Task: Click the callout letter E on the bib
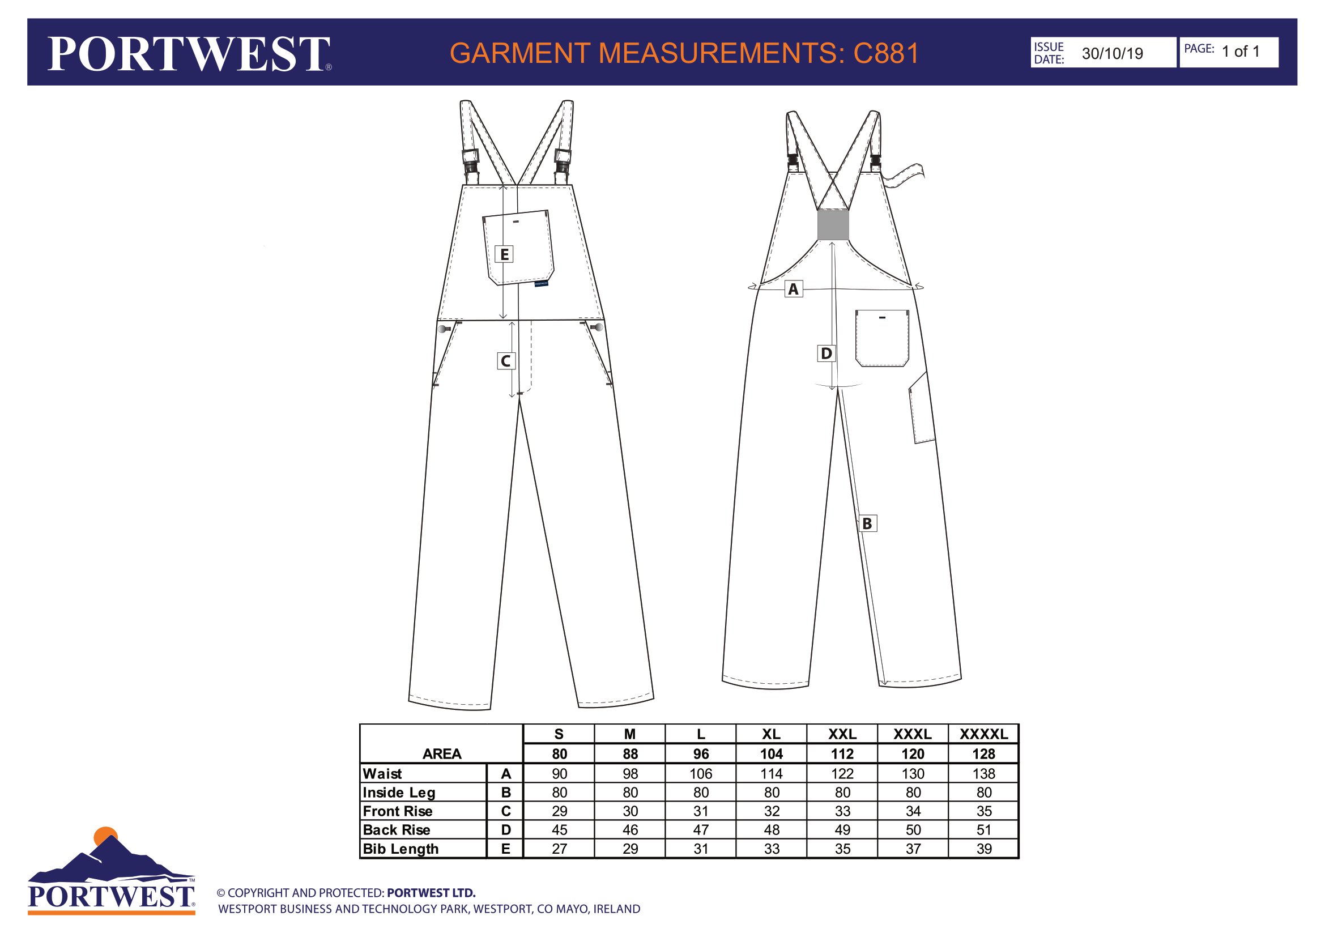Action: pos(504,254)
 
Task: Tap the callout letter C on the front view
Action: pos(505,361)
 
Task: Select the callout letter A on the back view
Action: pos(794,289)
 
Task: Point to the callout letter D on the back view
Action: pos(826,353)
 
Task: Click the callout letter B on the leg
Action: pos(867,523)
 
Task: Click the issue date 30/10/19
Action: pos(1112,54)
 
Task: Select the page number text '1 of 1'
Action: pos(1240,52)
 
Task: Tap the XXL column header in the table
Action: pos(842,734)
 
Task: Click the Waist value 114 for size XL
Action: pos(772,774)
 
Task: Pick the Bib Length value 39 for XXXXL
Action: pos(984,849)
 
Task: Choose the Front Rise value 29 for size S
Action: pos(559,811)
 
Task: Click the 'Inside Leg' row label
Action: pos(399,793)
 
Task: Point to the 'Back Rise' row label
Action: pos(397,830)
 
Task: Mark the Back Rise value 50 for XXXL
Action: pos(913,830)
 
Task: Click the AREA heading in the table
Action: pos(442,754)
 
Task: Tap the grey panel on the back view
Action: pos(833,225)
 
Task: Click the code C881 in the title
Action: pos(886,53)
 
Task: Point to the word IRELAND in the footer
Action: pos(617,909)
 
